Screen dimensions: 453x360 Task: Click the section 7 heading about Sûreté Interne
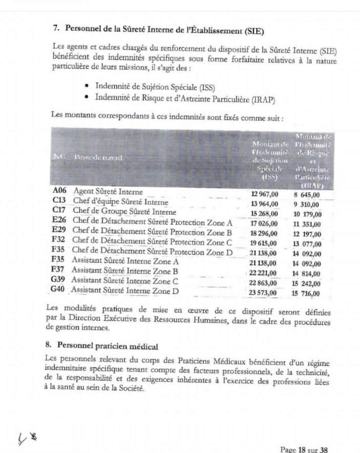tap(159, 28)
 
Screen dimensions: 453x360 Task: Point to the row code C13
tap(59, 201)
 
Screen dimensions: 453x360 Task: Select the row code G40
tap(58, 290)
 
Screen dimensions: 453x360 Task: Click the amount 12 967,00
tap(264, 194)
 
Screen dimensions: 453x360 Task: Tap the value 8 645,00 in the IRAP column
tap(306, 194)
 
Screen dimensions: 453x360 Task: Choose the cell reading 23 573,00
tap(263, 293)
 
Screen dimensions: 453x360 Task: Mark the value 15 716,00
tap(306, 294)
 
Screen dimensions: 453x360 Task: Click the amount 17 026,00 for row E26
tap(264, 223)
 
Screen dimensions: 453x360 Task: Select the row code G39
tap(58, 280)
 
